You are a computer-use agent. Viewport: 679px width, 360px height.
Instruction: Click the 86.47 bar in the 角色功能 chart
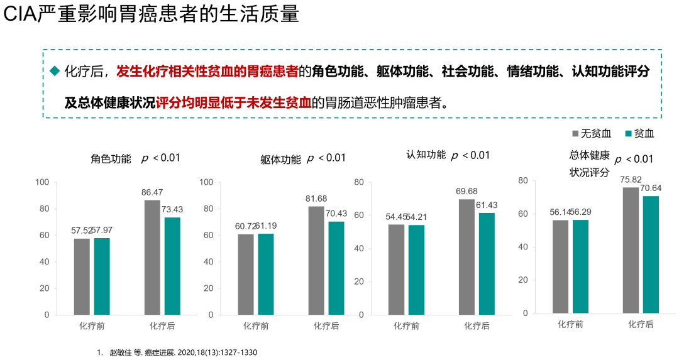(x=152, y=257)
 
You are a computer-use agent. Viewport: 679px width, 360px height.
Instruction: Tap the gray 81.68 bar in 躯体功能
(x=316, y=260)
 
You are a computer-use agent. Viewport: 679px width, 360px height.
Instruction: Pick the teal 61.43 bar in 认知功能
(x=487, y=263)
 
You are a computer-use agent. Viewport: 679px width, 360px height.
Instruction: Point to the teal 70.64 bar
(x=651, y=254)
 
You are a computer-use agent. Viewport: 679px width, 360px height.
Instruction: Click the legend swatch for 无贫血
(x=575, y=133)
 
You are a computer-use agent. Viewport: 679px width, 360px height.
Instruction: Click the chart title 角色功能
(x=111, y=159)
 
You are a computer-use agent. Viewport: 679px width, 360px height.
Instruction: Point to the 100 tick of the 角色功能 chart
(x=42, y=182)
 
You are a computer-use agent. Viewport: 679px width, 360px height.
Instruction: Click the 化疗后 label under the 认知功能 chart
(x=477, y=325)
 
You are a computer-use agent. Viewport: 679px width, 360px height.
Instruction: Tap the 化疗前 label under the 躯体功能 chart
(x=256, y=325)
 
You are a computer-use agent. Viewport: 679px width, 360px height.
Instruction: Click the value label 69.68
(x=467, y=191)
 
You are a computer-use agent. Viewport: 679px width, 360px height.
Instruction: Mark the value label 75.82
(x=631, y=179)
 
